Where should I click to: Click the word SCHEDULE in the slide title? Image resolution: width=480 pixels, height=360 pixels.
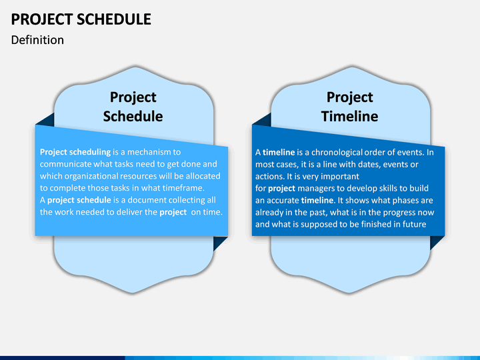coord(114,19)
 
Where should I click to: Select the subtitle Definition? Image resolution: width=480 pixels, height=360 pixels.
coord(37,40)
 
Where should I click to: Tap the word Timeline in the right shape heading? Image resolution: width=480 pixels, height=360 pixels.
coord(349,116)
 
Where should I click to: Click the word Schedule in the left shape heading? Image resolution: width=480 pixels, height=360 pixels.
coord(133,116)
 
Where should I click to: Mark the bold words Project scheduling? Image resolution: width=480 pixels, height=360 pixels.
coord(75,152)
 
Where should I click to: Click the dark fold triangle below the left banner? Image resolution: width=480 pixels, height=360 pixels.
coord(219,243)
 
